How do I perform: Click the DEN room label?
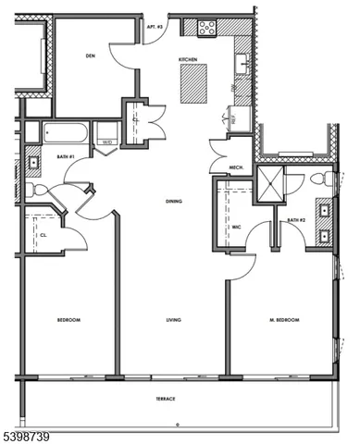[x=91, y=56]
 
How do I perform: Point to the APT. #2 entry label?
[x=154, y=29]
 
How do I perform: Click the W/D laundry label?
[x=107, y=142]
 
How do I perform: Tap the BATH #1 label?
[x=64, y=157]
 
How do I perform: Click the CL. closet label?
[x=43, y=236]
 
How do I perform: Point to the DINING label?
[x=172, y=201]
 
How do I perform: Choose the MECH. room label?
[x=235, y=167]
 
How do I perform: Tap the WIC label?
[x=236, y=226]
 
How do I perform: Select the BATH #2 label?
[x=295, y=220]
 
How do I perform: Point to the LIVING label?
[x=173, y=320]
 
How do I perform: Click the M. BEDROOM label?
[x=284, y=320]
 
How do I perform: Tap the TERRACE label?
[x=166, y=399]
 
